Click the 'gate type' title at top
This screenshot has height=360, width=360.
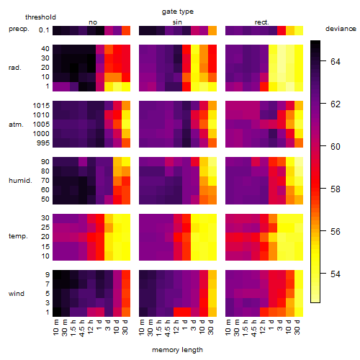coord(178,12)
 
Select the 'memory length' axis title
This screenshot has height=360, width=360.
coord(177,350)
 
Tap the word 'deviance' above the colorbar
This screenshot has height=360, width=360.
coord(341,29)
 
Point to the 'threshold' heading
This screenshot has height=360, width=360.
coord(40,17)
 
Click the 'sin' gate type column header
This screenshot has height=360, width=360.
coord(177,22)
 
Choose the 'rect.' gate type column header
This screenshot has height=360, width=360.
coord(262,22)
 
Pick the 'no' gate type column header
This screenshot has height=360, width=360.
coord(93,22)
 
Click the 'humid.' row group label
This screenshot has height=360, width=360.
coord(20,181)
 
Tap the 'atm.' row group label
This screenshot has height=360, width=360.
coord(16,125)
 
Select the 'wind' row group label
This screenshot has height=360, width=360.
coord(17,294)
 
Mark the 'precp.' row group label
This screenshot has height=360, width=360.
coord(19,29)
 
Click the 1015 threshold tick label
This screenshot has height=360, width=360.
coord(41,106)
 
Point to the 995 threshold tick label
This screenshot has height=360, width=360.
coord(43,143)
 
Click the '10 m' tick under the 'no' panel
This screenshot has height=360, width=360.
coord(56,328)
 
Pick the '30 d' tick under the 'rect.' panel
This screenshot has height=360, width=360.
coord(297,327)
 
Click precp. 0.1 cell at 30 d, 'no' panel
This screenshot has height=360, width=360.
coord(126,30)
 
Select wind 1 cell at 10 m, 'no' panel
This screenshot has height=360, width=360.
coord(57,312)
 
